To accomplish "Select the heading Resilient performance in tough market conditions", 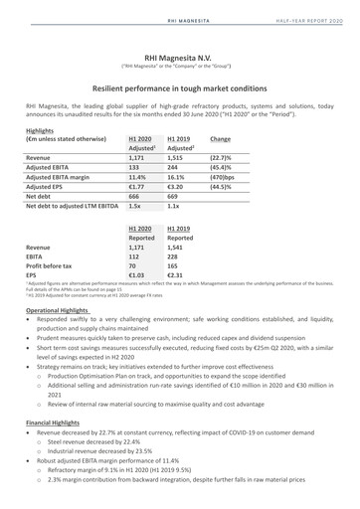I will [x=179, y=87].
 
